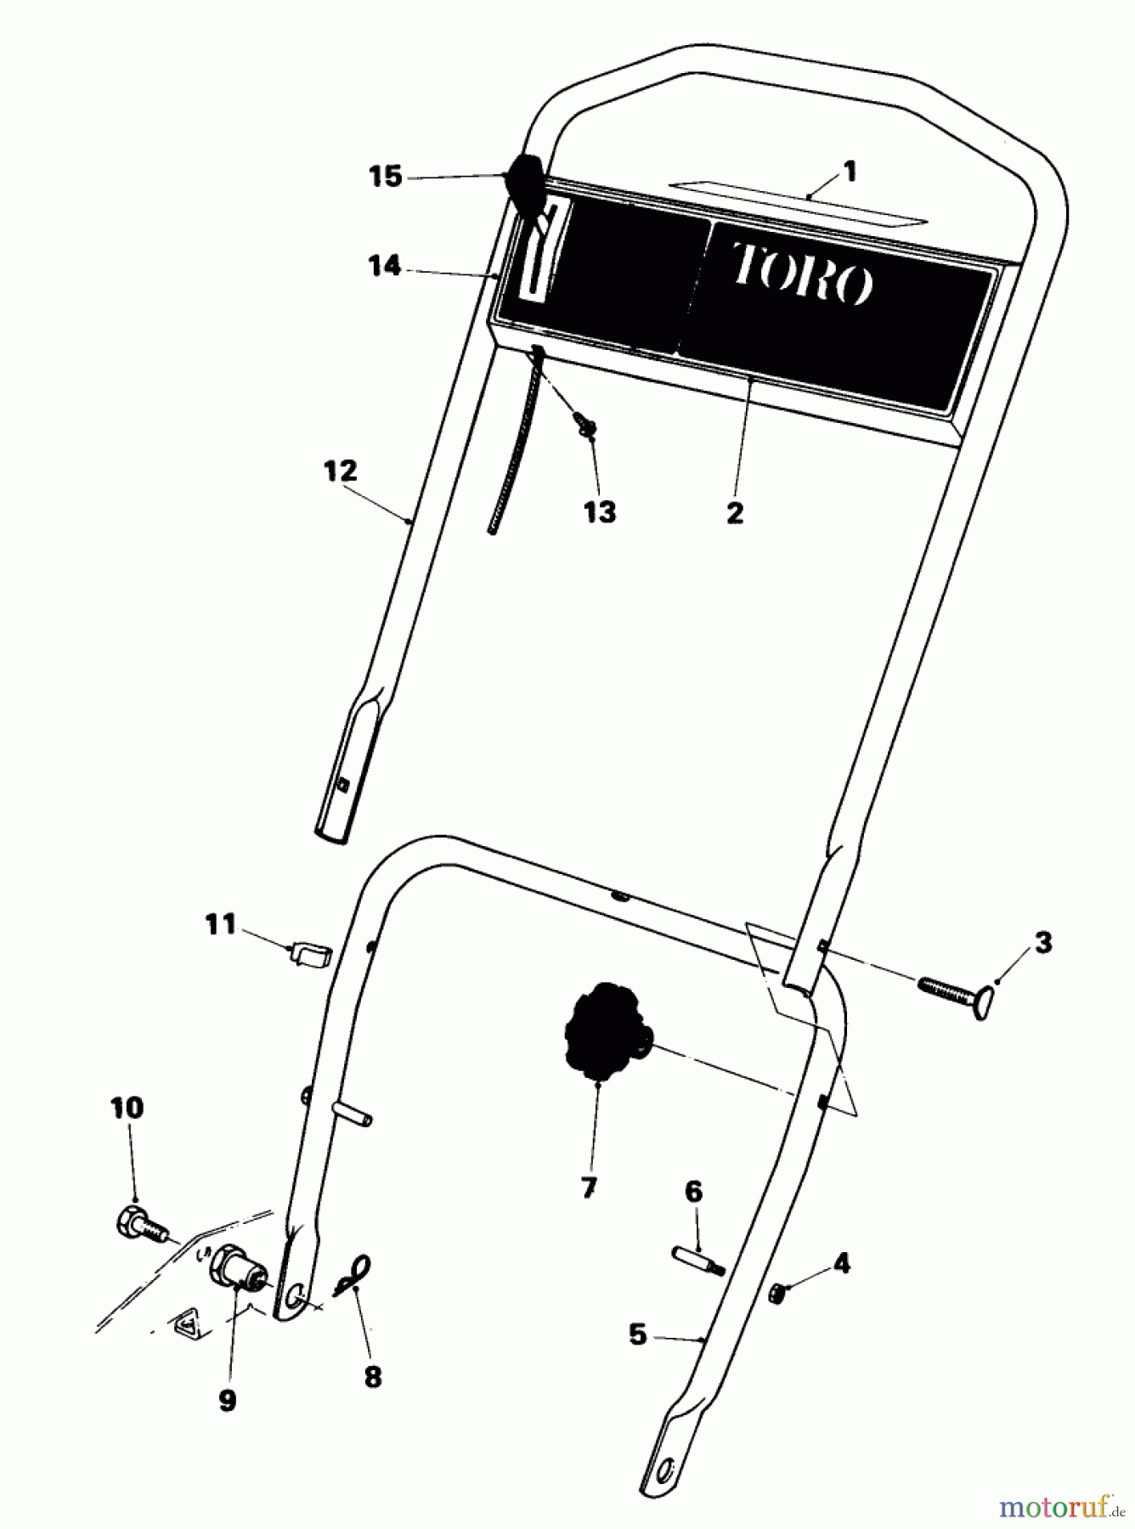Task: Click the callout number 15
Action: click(x=385, y=178)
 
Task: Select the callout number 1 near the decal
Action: click(x=850, y=172)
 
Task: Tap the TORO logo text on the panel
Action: click(x=801, y=273)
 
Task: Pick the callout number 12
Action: click(x=340, y=471)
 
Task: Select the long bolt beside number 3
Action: click(x=952, y=993)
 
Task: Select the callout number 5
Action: click(x=638, y=1335)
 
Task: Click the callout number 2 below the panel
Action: click(x=735, y=512)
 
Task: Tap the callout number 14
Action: click(x=384, y=267)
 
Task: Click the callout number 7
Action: click(x=589, y=1188)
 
